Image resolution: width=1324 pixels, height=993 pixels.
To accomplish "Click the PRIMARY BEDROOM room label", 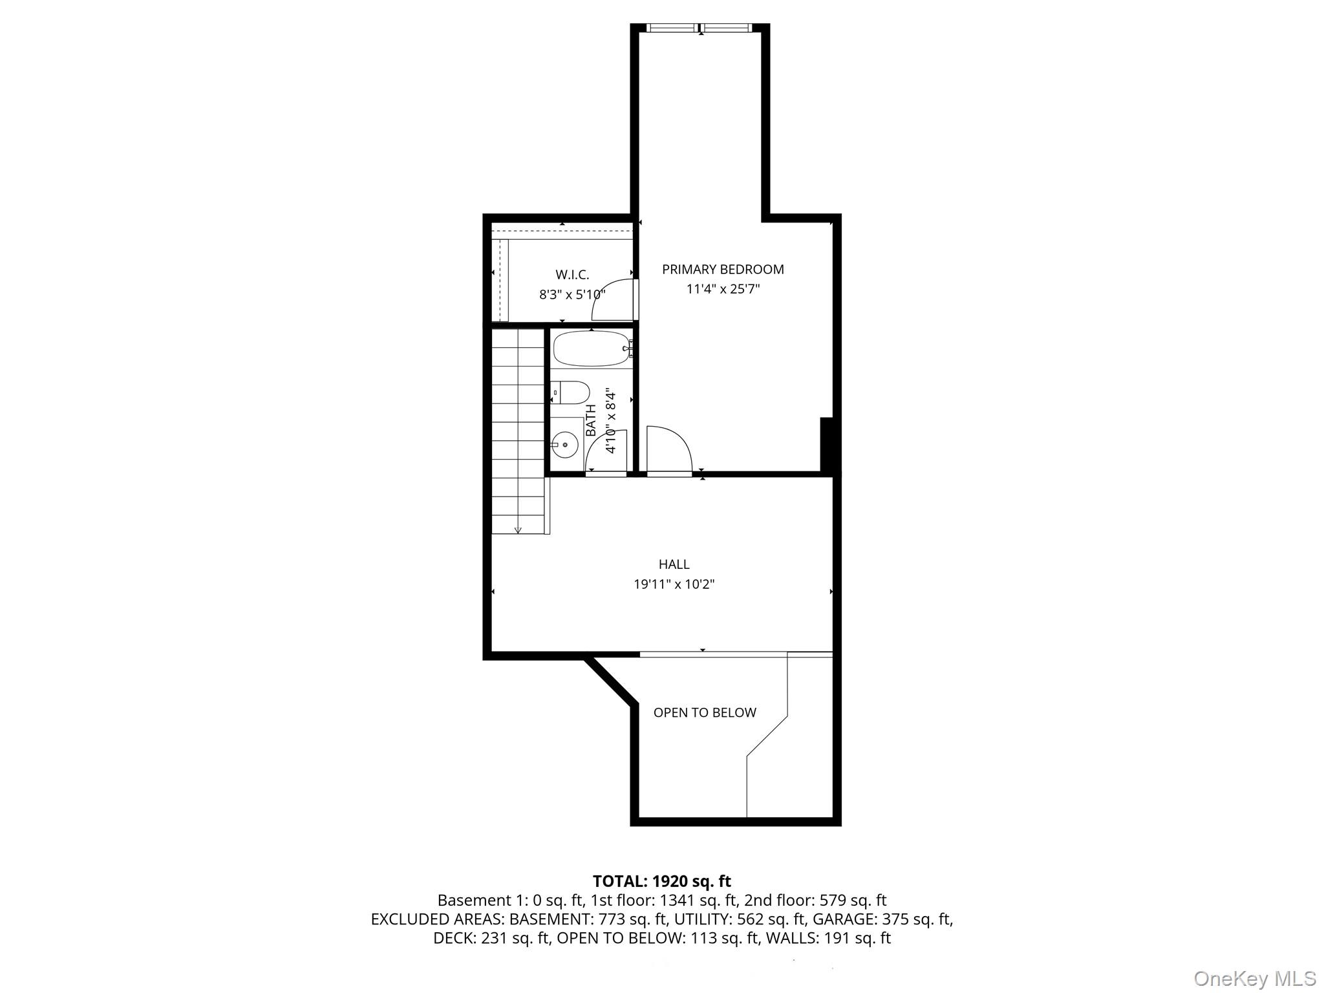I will (x=723, y=270).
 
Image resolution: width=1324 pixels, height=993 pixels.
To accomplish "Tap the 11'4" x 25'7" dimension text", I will (x=723, y=289).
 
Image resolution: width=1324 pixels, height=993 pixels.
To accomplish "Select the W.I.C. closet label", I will (x=572, y=275).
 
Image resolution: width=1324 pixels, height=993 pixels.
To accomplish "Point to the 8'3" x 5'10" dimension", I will (x=572, y=295).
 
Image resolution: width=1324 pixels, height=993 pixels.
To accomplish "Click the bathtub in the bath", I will (x=592, y=348).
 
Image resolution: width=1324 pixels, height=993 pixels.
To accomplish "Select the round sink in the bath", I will (x=564, y=444).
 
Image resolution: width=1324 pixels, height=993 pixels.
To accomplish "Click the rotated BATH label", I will (x=591, y=420).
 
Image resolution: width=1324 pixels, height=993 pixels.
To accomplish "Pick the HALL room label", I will (x=674, y=564).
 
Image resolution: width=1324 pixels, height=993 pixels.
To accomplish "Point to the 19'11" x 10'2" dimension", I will (x=674, y=584).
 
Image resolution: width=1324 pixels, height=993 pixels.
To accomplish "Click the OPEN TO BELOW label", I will (x=705, y=712).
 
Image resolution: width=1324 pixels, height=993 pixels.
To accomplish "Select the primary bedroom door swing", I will (x=669, y=449).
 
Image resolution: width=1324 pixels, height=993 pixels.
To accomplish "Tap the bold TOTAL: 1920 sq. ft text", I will (x=661, y=881).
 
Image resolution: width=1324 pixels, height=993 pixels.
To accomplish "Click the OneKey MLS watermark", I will (x=1255, y=978).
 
